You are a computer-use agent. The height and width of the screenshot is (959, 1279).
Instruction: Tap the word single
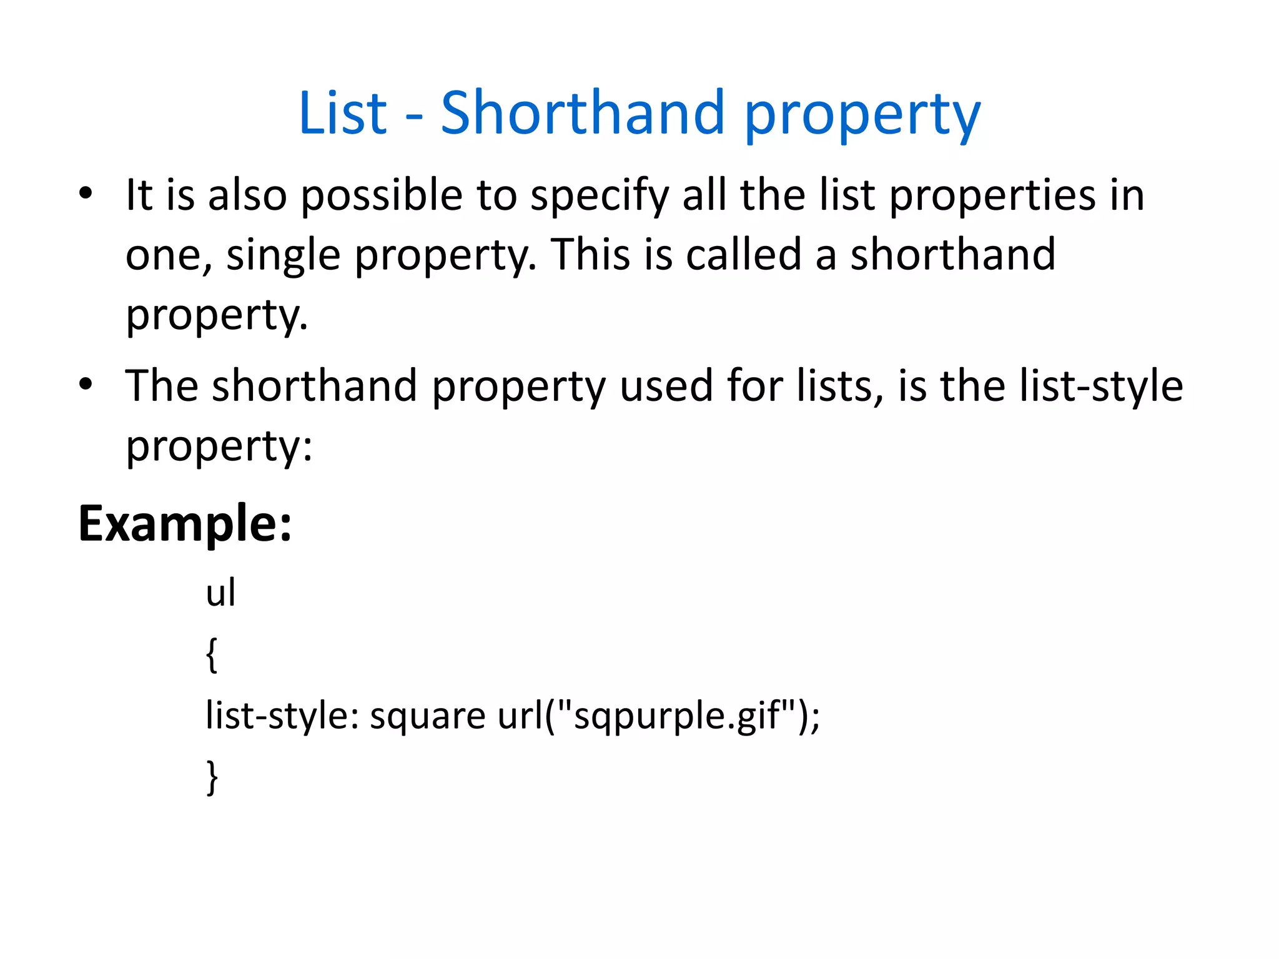[283, 256]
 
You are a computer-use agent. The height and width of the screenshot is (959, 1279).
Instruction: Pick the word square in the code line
[427, 716]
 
